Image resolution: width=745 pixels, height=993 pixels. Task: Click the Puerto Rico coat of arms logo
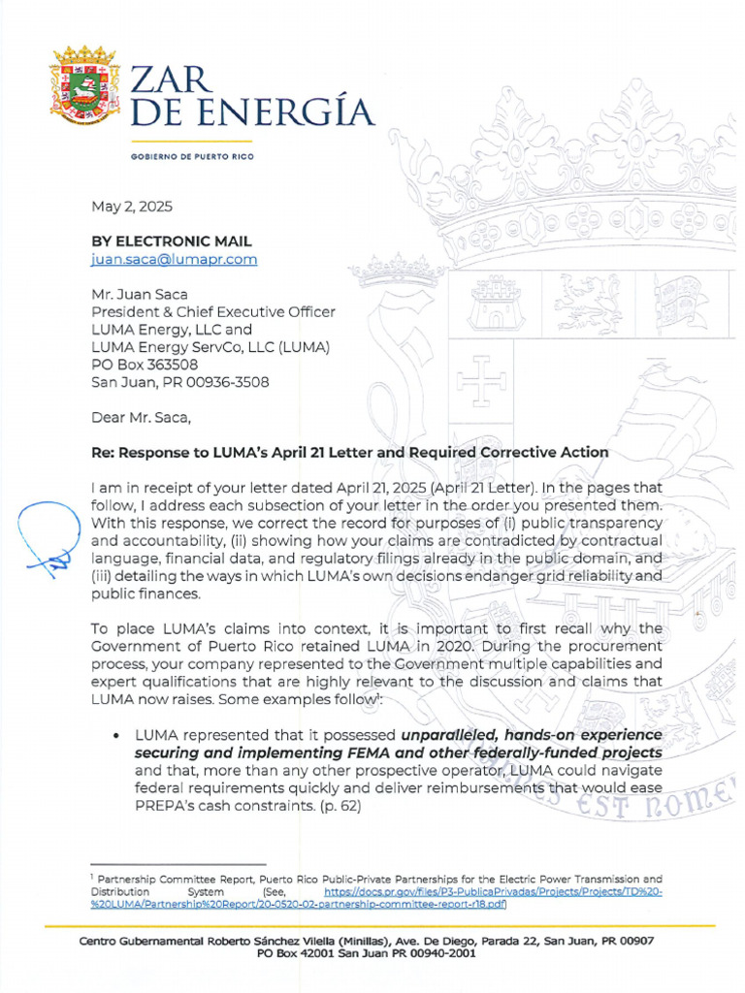[x=83, y=84]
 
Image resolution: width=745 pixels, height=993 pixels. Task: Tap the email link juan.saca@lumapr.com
[x=174, y=259]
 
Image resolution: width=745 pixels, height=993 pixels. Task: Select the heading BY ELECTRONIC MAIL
[x=172, y=240]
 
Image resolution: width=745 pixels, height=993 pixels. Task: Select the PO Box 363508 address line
[x=145, y=365]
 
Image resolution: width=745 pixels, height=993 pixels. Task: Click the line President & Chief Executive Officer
[x=212, y=312]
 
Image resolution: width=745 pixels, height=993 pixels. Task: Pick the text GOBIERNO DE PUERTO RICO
[x=191, y=156]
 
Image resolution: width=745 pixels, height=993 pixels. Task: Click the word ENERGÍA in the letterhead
[x=281, y=112]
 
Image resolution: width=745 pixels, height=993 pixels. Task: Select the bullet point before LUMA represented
[x=116, y=735]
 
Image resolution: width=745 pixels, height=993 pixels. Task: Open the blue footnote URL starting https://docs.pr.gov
[x=493, y=891]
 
